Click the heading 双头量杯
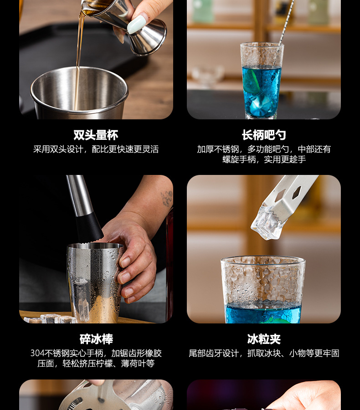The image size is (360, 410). (96, 135)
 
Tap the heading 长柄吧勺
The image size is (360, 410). (263, 135)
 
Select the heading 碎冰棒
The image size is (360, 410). (96, 339)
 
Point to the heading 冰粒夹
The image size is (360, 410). (263, 339)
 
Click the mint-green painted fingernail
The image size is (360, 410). (137, 24)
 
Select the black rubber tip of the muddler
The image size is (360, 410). (88, 228)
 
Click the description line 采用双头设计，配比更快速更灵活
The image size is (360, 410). (96, 149)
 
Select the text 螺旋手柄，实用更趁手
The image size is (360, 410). (263, 159)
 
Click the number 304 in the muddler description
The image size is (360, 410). (37, 353)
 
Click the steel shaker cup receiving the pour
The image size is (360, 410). (80, 93)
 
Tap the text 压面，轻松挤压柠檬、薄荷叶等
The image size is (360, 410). (96, 364)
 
